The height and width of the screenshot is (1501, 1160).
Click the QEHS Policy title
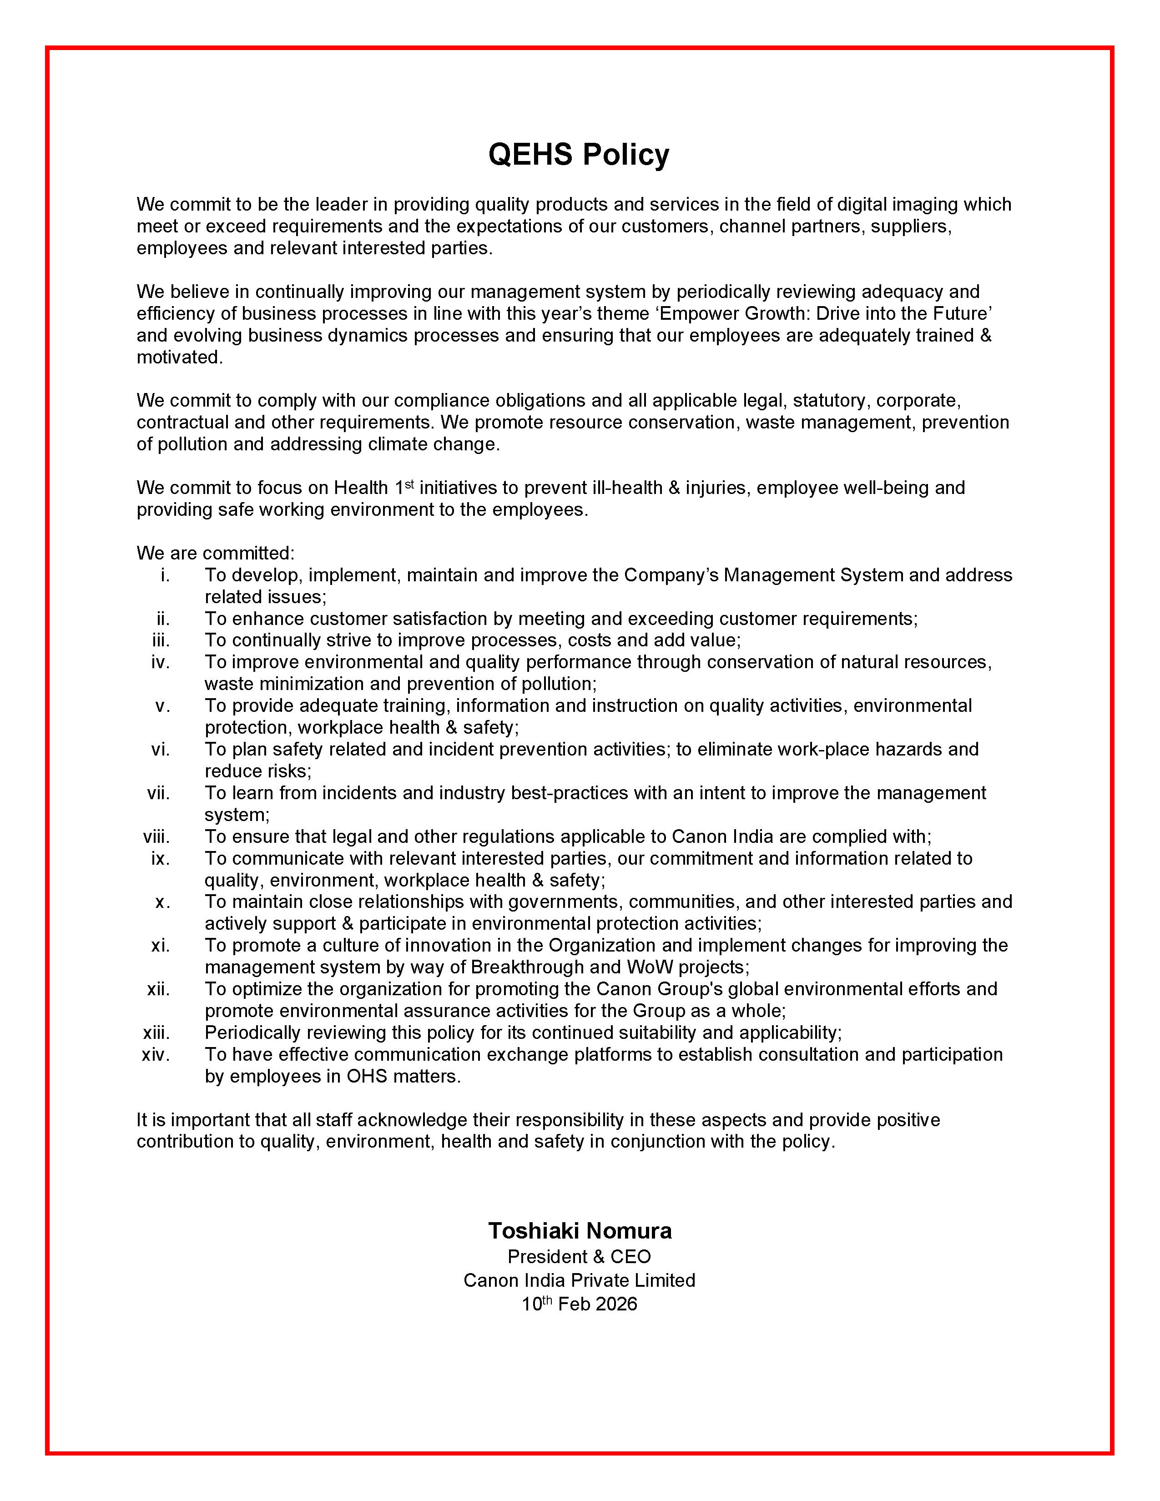point(579,155)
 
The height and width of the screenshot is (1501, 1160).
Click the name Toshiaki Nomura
point(579,1230)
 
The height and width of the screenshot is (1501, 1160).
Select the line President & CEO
point(579,1257)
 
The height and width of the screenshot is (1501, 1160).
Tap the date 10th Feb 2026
point(579,1305)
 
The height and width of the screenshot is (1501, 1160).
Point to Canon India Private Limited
point(579,1280)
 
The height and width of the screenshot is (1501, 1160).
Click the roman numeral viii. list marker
point(156,837)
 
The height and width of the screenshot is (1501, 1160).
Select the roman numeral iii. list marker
point(161,640)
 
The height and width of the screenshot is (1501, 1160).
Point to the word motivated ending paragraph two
point(179,358)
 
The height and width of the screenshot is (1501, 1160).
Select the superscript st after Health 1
point(409,484)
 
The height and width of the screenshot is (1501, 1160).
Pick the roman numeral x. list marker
point(162,902)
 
